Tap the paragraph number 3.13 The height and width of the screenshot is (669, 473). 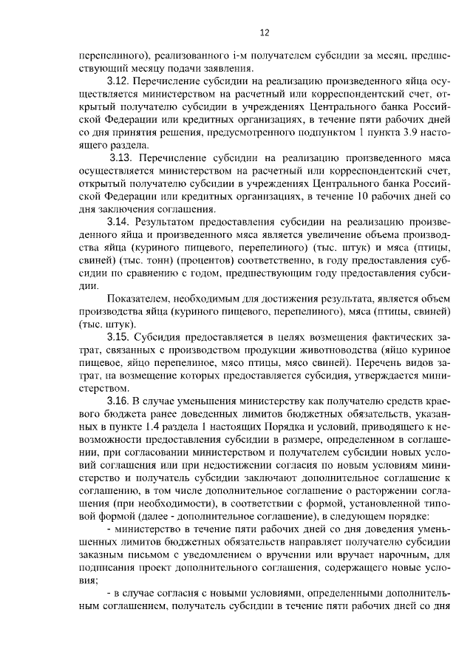[122, 157]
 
